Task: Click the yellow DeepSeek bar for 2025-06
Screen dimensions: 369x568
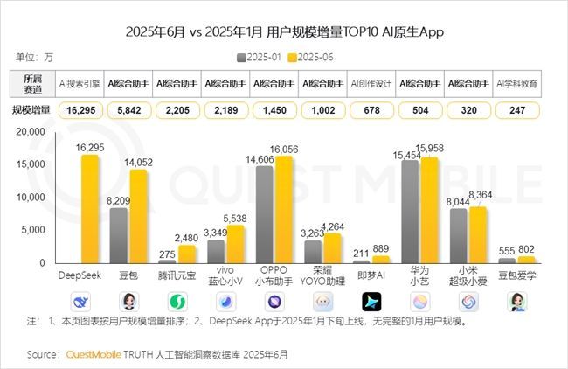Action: (x=90, y=208)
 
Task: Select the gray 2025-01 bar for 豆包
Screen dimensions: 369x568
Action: (x=119, y=235)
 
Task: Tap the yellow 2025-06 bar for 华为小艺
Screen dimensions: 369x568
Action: (x=428, y=210)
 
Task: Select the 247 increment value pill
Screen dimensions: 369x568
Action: (x=516, y=110)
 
